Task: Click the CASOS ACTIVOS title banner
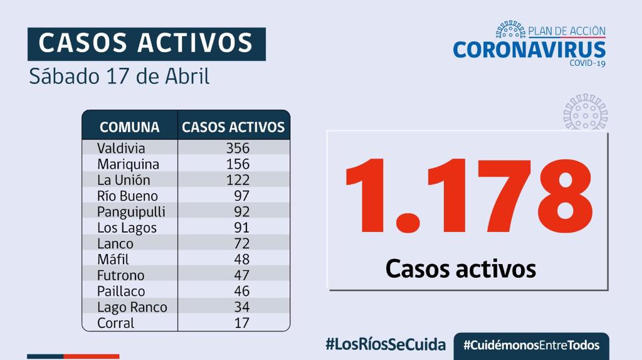(x=146, y=43)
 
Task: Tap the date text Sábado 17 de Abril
(x=119, y=77)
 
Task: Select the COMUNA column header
(x=129, y=127)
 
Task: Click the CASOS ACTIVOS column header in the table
(x=233, y=127)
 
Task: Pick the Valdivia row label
(x=121, y=149)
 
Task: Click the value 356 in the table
(x=238, y=149)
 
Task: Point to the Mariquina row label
(x=128, y=164)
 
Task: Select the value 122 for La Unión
(x=238, y=180)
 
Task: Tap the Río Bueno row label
(x=127, y=196)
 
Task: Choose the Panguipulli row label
(x=131, y=212)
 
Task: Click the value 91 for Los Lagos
(x=241, y=228)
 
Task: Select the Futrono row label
(x=120, y=275)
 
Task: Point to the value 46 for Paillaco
(x=241, y=291)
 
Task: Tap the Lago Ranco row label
(x=132, y=307)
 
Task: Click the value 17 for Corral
(x=241, y=323)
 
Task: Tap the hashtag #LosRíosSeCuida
(x=386, y=344)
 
